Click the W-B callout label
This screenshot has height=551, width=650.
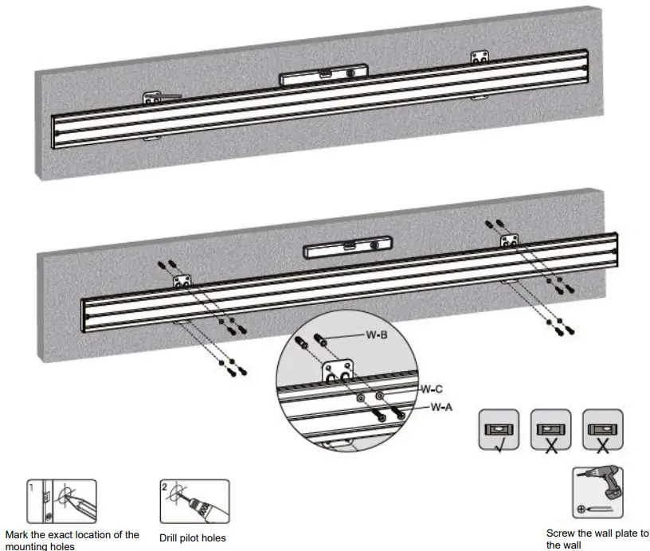click(x=376, y=335)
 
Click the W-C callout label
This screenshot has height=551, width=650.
click(x=431, y=389)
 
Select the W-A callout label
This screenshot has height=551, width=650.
click(x=441, y=407)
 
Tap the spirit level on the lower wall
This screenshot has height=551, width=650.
click(x=349, y=250)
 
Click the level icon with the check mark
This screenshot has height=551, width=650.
click(x=499, y=429)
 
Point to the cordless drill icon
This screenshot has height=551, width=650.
click(x=597, y=491)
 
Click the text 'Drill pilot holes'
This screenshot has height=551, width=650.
click(x=193, y=538)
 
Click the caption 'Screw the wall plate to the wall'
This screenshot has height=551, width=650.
click(x=597, y=539)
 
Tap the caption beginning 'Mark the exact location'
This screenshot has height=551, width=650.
click(x=72, y=539)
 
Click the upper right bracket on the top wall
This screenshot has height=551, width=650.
click(x=479, y=58)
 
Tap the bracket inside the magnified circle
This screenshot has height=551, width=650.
click(x=337, y=372)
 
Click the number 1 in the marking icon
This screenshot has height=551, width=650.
click(x=29, y=486)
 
